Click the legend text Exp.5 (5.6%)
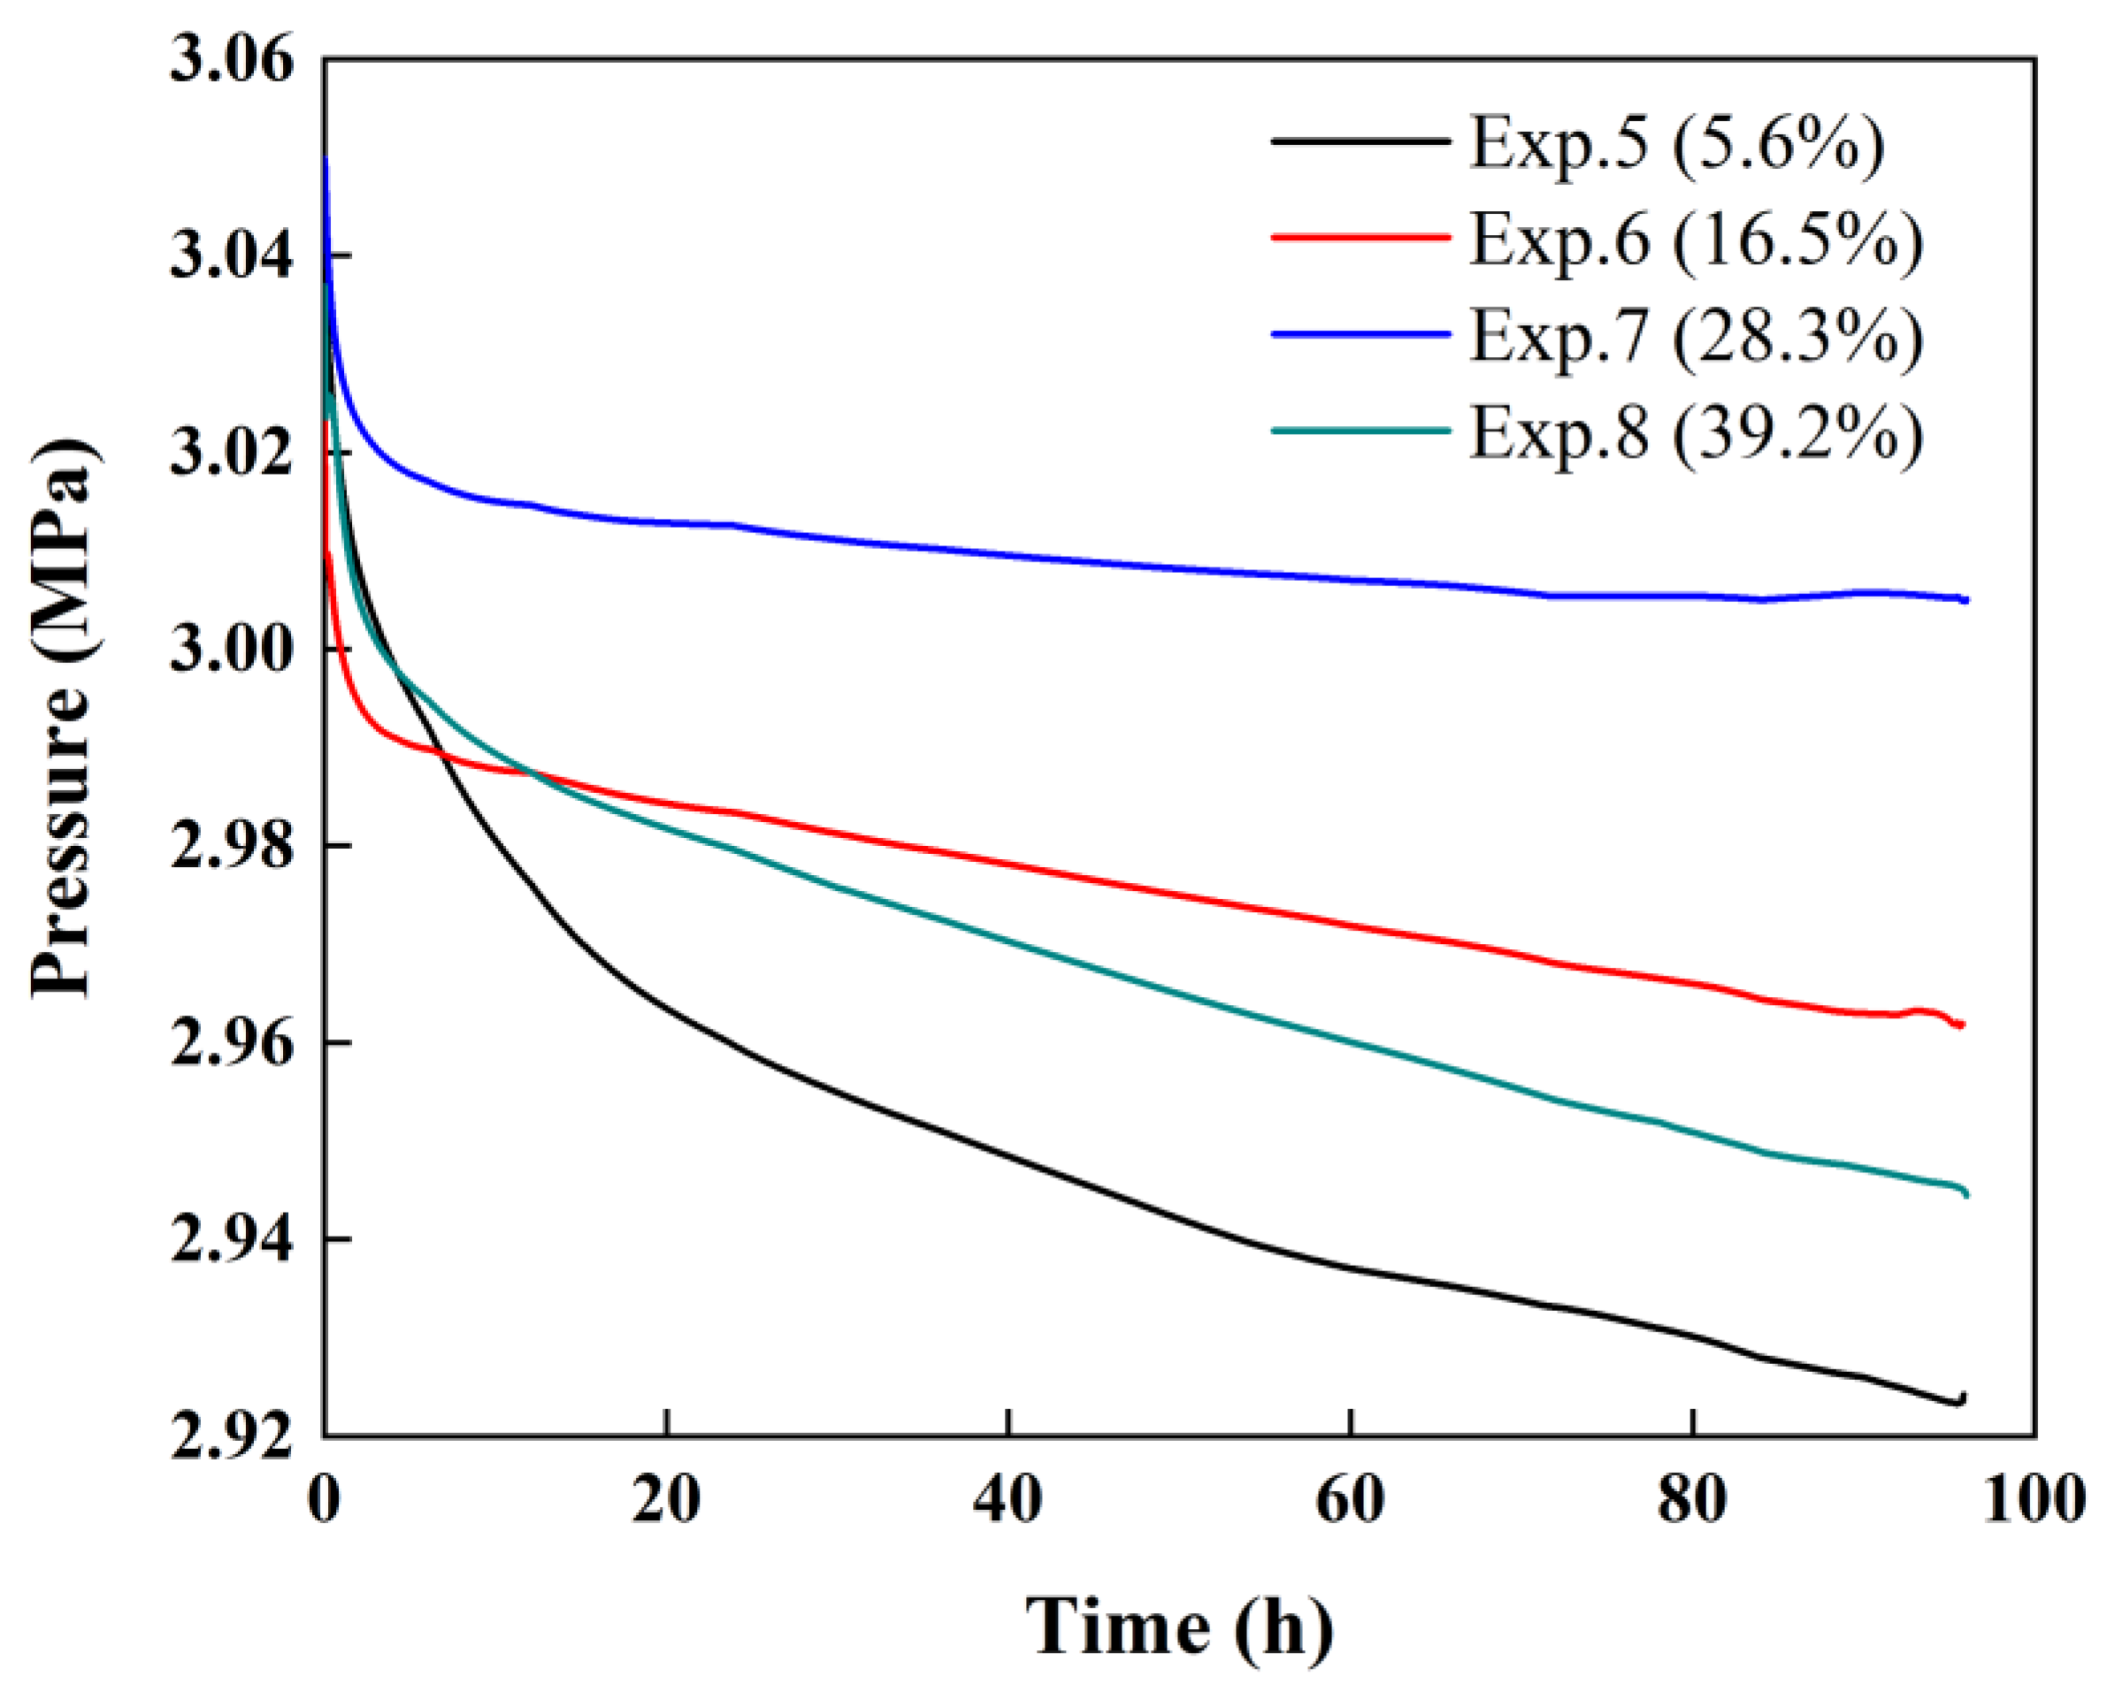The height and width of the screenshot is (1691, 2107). click(x=1677, y=143)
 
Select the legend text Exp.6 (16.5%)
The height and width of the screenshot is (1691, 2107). click(x=1697, y=240)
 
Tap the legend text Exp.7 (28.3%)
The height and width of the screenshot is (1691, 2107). click(x=1697, y=337)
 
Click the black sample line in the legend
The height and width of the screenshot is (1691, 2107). click(x=1360, y=141)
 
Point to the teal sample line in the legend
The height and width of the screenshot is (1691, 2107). click(x=1360, y=430)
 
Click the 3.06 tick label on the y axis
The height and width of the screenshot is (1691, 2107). click(x=232, y=61)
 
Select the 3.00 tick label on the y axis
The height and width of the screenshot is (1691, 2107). click(x=232, y=651)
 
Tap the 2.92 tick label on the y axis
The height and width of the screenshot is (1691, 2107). click(x=232, y=1437)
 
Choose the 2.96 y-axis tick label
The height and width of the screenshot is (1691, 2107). click(x=232, y=1044)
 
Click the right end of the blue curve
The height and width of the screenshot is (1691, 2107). click(x=1965, y=600)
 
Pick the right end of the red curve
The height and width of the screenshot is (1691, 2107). click(x=1961, y=1024)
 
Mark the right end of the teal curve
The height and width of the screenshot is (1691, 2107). click(x=1965, y=1193)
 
